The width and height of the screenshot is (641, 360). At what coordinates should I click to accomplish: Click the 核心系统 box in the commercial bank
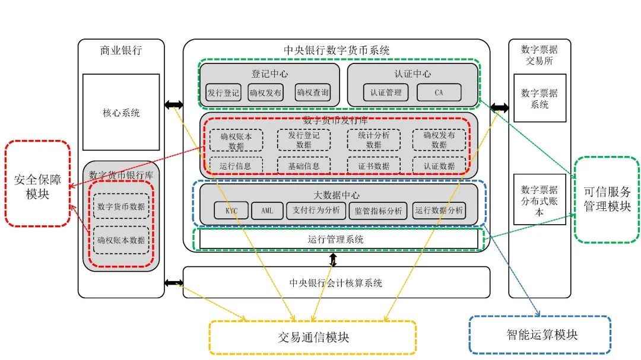click(121, 112)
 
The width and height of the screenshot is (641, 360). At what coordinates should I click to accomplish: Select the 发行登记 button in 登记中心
click(223, 93)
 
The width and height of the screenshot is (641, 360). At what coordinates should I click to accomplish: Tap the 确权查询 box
click(312, 93)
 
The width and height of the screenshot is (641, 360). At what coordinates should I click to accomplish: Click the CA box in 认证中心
click(439, 93)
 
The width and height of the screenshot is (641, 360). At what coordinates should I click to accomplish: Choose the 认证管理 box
click(386, 93)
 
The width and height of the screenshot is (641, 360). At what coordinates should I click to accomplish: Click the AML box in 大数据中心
click(267, 211)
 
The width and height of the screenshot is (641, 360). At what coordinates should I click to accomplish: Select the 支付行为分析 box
click(316, 211)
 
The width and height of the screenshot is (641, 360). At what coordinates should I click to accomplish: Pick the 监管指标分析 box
click(378, 211)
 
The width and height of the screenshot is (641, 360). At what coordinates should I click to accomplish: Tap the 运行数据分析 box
click(439, 211)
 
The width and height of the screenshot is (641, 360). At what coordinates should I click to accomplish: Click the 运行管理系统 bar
click(338, 239)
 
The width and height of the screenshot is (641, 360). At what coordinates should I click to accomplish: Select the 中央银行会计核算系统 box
click(336, 282)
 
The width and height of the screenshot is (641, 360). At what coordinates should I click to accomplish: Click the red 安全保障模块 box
click(37, 183)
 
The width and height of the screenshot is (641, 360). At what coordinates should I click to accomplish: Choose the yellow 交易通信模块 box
click(313, 337)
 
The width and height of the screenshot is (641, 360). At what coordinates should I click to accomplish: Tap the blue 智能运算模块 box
click(540, 334)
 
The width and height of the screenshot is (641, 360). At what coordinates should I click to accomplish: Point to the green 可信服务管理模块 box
click(607, 199)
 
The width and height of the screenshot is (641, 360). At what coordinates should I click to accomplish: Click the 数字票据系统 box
click(540, 98)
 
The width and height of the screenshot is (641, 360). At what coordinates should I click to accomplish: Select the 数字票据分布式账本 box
click(540, 199)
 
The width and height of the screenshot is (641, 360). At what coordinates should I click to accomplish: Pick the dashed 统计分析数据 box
click(374, 140)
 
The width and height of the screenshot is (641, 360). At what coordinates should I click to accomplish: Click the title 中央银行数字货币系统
click(337, 50)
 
